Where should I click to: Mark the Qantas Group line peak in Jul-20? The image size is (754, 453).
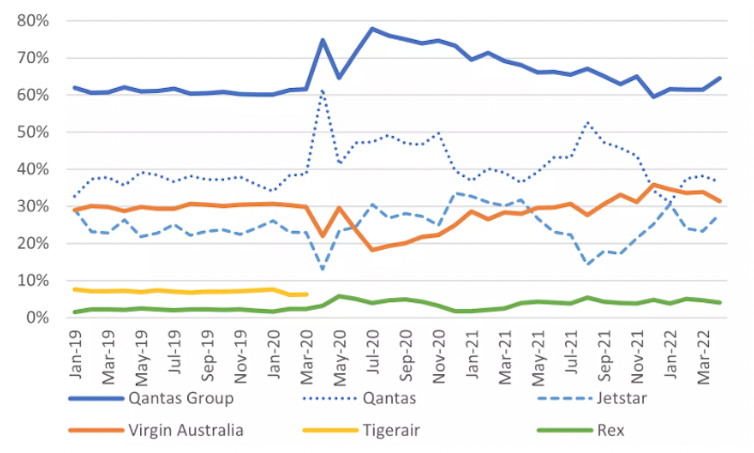point(372,29)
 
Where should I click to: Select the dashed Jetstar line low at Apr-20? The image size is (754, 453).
point(323,269)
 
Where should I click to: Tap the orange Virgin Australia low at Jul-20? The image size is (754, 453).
point(372,249)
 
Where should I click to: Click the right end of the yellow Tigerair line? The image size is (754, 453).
point(305,294)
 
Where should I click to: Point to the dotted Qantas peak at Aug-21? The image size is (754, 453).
point(586,123)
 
